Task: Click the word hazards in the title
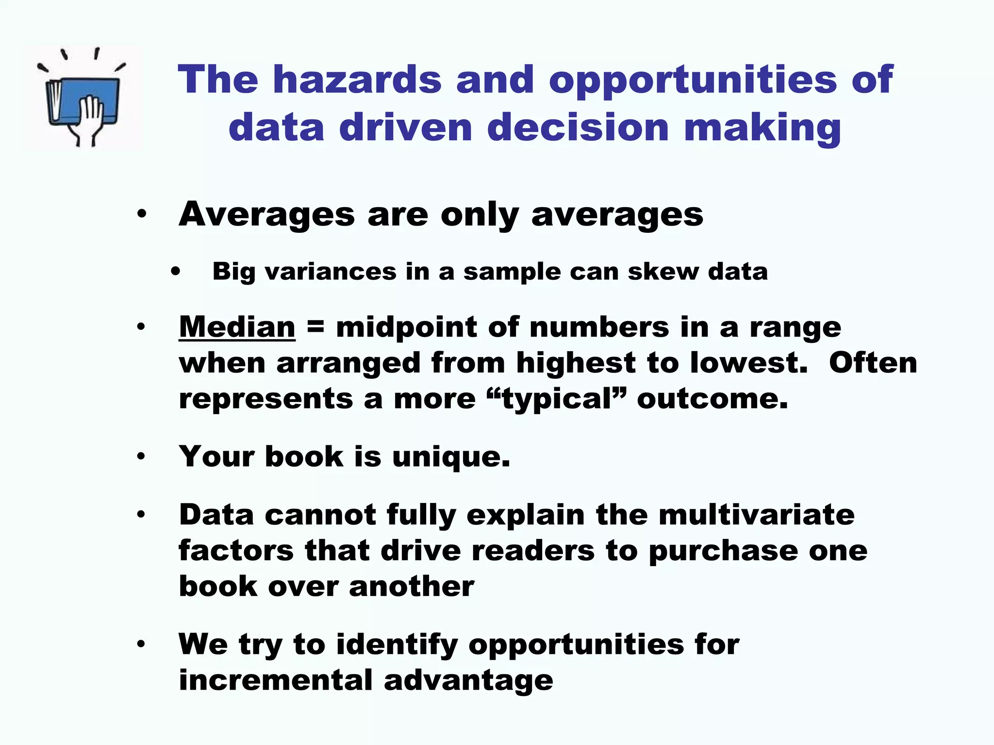coord(357,80)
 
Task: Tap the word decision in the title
coord(578,127)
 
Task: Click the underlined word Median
coord(237,327)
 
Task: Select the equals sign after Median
coord(315,327)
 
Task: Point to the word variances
coord(331,271)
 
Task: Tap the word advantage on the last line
coord(468,681)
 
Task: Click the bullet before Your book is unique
coord(141,456)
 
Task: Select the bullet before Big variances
coord(175,272)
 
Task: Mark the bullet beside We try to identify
coord(141,644)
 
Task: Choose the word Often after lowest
coord(873,363)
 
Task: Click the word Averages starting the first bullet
coord(266,214)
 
